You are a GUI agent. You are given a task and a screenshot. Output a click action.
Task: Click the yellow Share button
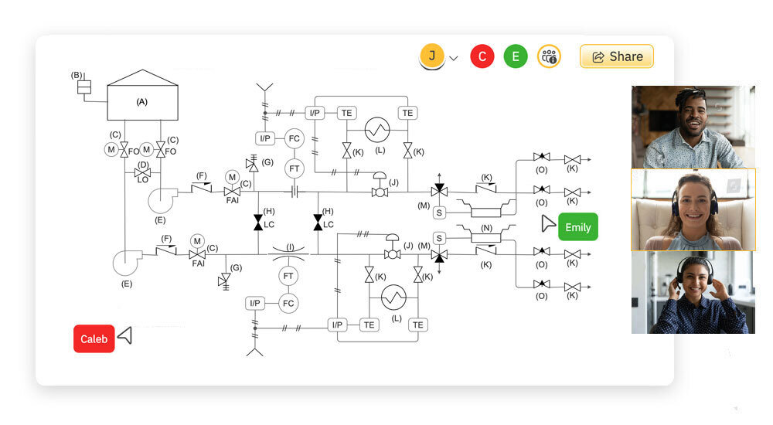(x=616, y=56)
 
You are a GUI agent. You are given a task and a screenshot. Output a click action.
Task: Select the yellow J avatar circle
(x=432, y=56)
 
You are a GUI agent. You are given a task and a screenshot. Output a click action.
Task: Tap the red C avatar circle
(x=482, y=56)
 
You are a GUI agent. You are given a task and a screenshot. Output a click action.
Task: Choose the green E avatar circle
(x=516, y=56)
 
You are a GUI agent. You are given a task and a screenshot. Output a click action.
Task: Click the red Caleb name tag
(x=94, y=338)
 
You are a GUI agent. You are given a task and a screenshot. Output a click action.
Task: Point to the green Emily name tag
(x=577, y=227)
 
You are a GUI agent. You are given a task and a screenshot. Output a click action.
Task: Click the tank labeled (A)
(x=142, y=101)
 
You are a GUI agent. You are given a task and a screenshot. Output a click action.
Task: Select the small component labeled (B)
(x=84, y=87)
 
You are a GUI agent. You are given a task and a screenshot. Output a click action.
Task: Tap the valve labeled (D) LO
(x=143, y=172)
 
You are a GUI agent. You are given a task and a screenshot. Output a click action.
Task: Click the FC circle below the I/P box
(x=294, y=138)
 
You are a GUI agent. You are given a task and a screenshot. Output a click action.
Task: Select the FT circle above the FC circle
(x=294, y=167)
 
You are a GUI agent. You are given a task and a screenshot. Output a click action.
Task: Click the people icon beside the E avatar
(x=550, y=56)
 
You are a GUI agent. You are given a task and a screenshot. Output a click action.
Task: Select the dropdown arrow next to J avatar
(x=454, y=58)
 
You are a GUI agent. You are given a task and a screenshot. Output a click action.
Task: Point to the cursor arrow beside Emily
(x=547, y=224)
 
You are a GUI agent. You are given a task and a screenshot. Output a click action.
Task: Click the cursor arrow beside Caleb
(x=125, y=335)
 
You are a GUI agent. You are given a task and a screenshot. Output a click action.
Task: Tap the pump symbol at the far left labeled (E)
(x=126, y=263)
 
